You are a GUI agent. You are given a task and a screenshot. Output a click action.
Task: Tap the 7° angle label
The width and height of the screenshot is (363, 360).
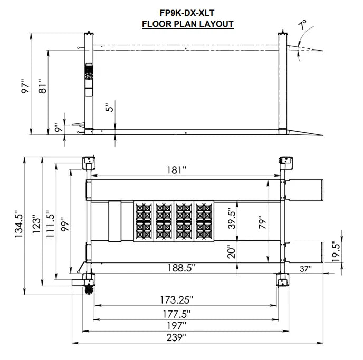(302, 25)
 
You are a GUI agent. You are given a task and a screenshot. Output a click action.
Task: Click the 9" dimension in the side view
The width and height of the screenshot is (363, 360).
(58, 127)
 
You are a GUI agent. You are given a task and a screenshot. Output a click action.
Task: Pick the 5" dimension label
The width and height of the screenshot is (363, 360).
(109, 107)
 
